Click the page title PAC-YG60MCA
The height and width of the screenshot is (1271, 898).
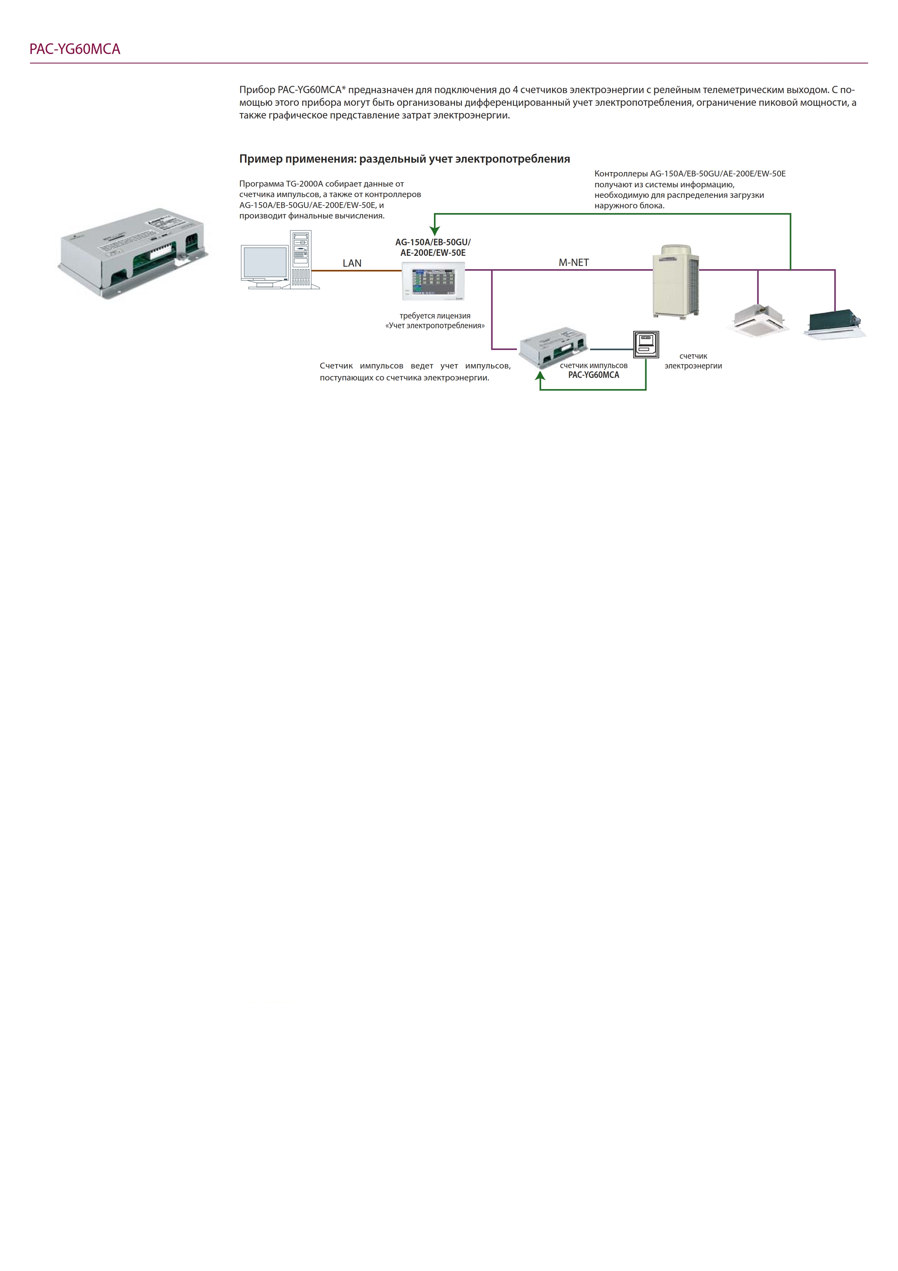click(75, 49)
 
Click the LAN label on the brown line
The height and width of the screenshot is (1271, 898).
click(352, 263)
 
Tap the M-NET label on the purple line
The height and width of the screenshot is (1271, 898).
click(574, 262)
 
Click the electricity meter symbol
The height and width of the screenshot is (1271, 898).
click(646, 344)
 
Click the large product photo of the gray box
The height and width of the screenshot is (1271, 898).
click(133, 253)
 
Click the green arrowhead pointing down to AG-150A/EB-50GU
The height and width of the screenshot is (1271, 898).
click(435, 232)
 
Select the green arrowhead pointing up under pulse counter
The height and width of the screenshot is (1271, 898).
click(540, 375)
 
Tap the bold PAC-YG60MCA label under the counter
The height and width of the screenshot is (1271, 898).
click(594, 375)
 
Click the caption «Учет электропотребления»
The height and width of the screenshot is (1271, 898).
click(435, 325)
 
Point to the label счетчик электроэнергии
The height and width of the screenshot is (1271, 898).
click(693, 361)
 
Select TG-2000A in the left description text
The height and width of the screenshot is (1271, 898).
click(304, 184)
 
